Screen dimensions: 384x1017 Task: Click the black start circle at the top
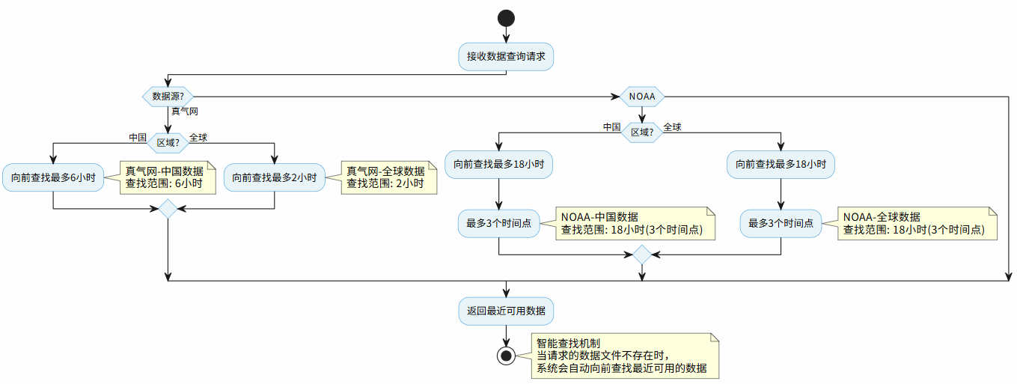tap(506, 18)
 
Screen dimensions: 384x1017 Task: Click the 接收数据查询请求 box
tap(506, 56)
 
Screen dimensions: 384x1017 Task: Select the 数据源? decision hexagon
tap(168, 96)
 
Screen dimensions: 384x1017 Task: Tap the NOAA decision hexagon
tap(641, 96)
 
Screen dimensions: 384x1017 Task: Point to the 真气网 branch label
tap(185, 112)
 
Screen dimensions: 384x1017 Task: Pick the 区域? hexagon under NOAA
tap(641, 132)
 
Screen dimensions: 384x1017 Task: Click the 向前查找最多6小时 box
tap(53, 178)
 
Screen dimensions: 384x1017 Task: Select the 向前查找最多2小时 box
tap(275, 178)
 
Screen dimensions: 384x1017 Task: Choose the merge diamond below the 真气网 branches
tap(168, 209)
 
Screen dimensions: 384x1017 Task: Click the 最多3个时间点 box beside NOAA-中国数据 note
tap(499, 224)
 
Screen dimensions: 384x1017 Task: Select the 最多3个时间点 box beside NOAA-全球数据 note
tap(781, 224)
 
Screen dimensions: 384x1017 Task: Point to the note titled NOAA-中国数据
tap(634, 223)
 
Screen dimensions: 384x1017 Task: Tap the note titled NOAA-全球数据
tap(916, 223)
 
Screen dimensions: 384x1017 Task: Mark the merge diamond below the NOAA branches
tap(641, 255)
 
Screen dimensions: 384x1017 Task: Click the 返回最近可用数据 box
tap(506, 311)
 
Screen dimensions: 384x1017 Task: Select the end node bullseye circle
tap(506, 356)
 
